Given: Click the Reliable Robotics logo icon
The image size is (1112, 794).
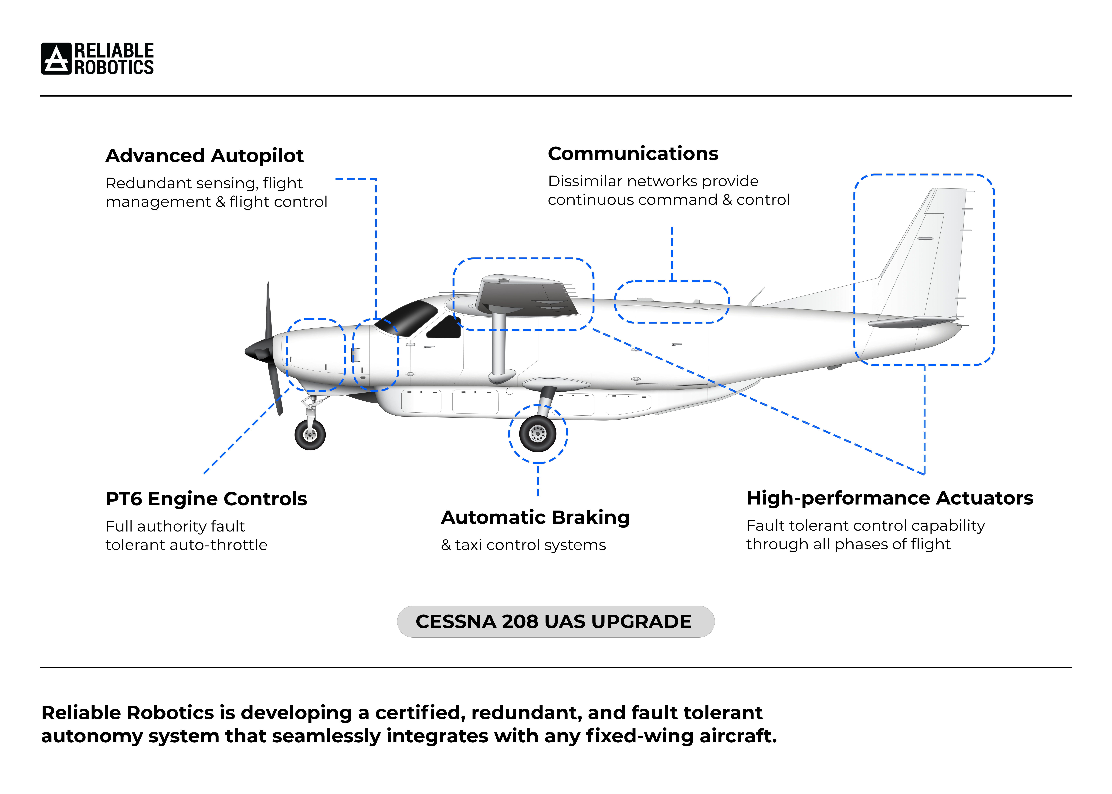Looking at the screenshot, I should click(56, 59).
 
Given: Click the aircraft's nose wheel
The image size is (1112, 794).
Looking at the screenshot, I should click(310, 435).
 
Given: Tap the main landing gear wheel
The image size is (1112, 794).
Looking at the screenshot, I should click(537, 433).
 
